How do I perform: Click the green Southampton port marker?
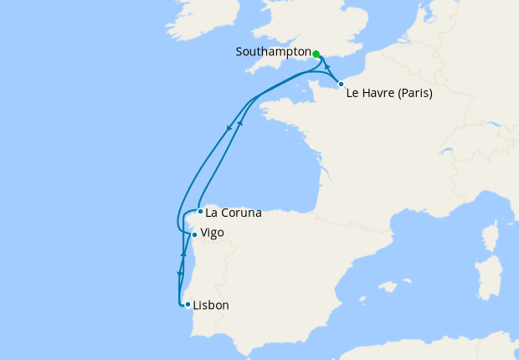316,54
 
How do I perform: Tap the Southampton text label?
273,52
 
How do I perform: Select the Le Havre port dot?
341,84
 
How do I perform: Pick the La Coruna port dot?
200,211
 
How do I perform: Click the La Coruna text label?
234,213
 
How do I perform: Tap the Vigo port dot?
194,234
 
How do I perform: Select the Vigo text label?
213,233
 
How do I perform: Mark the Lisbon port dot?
188,304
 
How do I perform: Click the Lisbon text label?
211,306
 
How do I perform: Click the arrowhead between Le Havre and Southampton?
327,68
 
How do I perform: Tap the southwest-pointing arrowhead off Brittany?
229,129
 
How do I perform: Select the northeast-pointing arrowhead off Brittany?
241,123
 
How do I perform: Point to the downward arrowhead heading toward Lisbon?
179,273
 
